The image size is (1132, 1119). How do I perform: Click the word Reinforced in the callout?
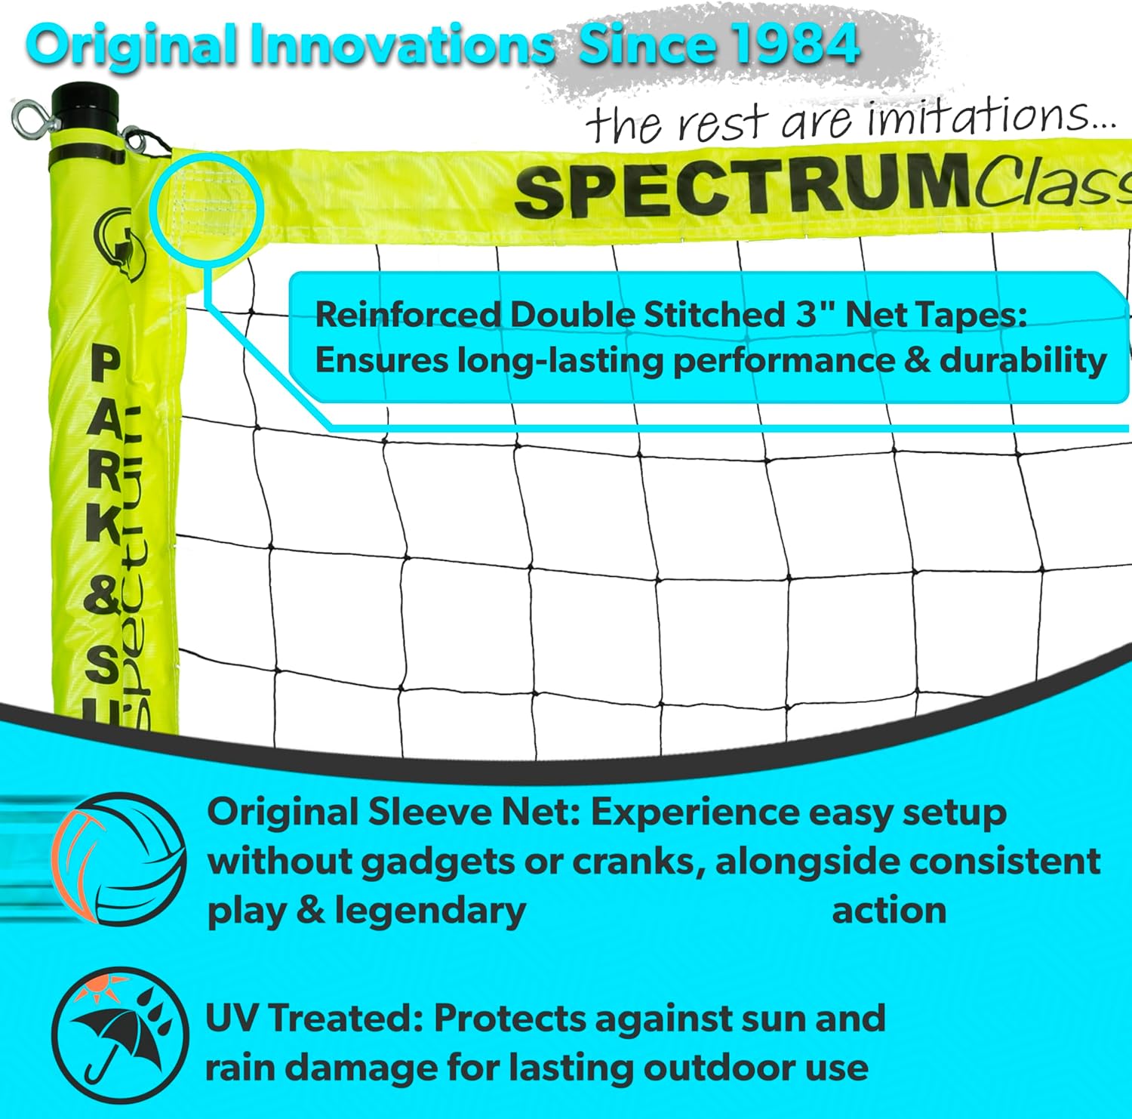pyautogui.click(x=408, y=315)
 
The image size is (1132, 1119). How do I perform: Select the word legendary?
pyautogui.click(x=430, y=911)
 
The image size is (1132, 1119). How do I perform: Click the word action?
pyautogui.click(x=889, y=911)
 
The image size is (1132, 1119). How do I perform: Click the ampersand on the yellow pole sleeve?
pyautogui.click(x=102, y=596)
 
